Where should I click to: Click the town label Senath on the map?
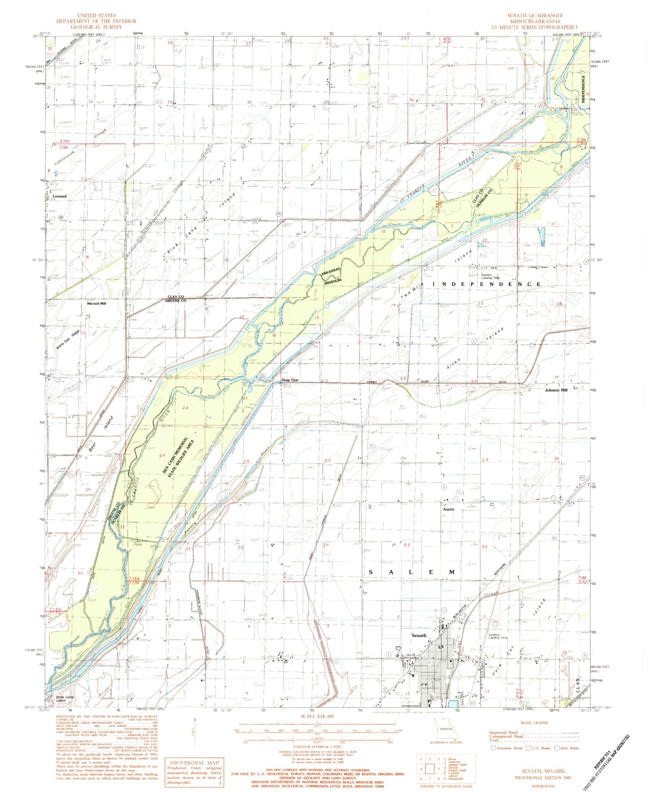[x=418, y=636]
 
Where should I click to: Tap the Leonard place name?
[x=59, y=196]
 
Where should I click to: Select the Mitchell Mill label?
[x=96, y=303]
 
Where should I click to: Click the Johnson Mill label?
[x=556, y=390]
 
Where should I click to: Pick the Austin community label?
[x=448, y=509]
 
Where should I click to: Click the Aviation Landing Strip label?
[x=497, y=636]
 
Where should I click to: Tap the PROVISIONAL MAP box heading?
[x=194, y=763]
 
